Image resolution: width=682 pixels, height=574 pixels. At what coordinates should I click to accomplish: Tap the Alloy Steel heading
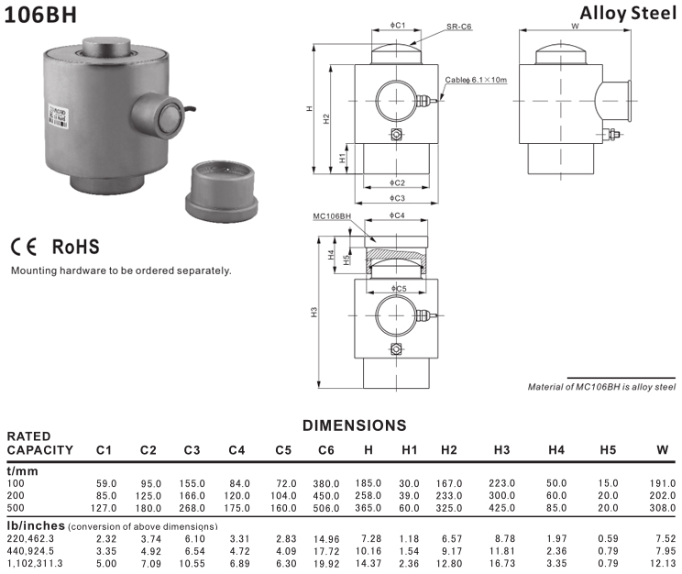tap(628, 13)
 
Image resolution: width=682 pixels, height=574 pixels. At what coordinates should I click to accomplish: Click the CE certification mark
tap(25, 248)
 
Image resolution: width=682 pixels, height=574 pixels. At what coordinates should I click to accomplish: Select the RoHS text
tap(76, 248)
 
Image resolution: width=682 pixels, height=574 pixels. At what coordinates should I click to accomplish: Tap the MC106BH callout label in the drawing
tap(332, 215)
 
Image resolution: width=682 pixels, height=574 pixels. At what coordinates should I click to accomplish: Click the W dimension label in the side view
tap(575, 26)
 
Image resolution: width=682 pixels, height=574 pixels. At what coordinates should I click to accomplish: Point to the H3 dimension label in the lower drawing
tap(314, 313)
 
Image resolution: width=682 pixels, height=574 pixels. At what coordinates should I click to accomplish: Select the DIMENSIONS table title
tap(354, 425)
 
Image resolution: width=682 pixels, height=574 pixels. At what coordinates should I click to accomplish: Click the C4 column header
tap(236, 450)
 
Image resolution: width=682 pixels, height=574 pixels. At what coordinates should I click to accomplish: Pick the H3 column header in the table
tap(501, 450)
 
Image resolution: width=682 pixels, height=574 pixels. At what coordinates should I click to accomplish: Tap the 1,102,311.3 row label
tap(36, 564)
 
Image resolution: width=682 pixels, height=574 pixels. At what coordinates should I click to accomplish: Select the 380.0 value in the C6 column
tap(325, 483)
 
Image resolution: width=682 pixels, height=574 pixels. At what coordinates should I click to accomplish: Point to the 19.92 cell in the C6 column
tap(325, 564)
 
